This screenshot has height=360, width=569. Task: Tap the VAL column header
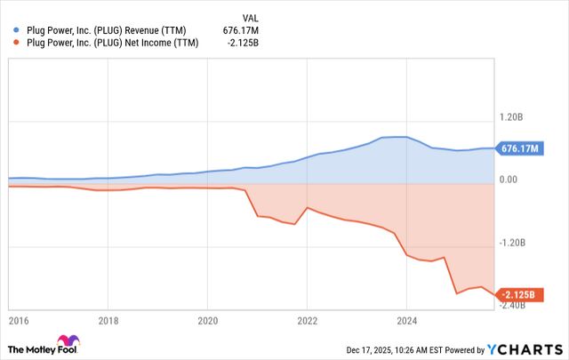pyautogui.click(x=253, y=17)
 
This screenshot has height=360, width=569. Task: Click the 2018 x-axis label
pyautogui.click(x=108, y=320)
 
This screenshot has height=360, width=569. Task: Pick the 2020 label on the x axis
pyautogui.click(x=208, y=320)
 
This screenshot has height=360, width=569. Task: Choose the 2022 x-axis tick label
pyautogui.click(x=308, y=320)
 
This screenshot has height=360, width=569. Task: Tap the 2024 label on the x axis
pyautogui.click(x=407, y=320)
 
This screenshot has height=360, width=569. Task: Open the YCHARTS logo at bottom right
pyautogui.click(x=525, y=348)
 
